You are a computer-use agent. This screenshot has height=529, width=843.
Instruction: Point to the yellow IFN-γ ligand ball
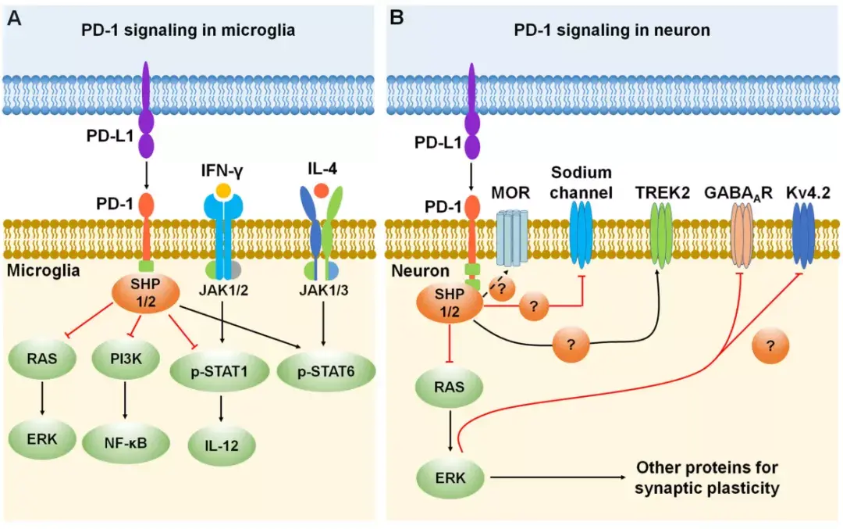pyautogui.click(x=224, y=190)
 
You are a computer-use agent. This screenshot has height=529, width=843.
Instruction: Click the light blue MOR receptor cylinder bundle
pyautogui.click(x=512, y=237)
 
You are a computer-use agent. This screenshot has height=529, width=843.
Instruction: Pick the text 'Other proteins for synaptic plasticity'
pyautogui.click(x=706, y=478)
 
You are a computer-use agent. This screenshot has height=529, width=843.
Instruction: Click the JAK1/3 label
pyautogui.click(x=323, y=293)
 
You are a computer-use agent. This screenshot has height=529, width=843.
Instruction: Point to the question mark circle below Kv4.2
pyautogui.click(x=771, y=348)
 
